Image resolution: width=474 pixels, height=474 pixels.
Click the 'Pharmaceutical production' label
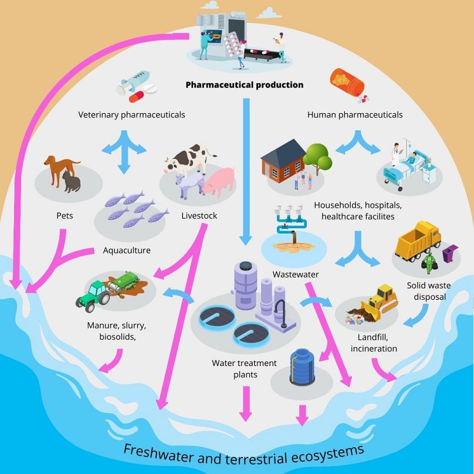coord(245,84)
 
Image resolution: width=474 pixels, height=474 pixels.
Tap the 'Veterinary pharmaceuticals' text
coord(131,115)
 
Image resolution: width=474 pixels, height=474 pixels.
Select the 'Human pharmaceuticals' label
coord(355,115)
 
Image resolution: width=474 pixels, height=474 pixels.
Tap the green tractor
coord(93,293)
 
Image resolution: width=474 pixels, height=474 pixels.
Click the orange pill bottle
coord(347,82)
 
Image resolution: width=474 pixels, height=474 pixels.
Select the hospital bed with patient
coord(407,167)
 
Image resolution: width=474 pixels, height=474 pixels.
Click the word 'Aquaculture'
coord(127,250)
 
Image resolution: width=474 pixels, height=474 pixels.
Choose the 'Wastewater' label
coord(292,274)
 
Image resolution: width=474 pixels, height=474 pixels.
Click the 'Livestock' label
coord(199,216)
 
